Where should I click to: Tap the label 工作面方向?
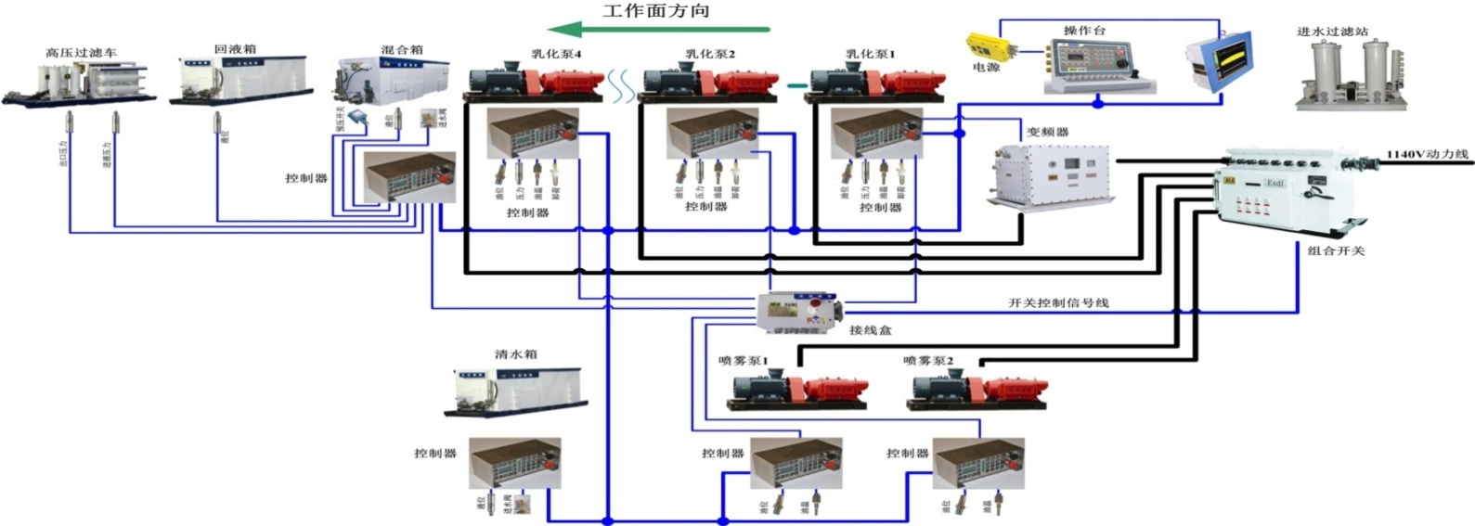pyautogui.click(x=656, y=10)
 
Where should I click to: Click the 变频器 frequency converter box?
pyautogui.click(x=1049, y=174)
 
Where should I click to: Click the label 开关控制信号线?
pyautogui.click(x=1058, y=302)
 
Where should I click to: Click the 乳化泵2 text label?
pyautogui.click(x=710, y=54)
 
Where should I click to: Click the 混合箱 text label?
pyautogui.click(x=402, y=49)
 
